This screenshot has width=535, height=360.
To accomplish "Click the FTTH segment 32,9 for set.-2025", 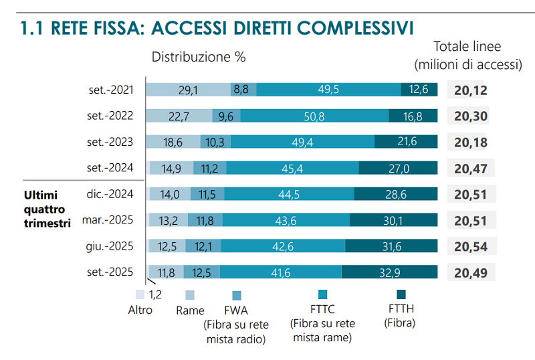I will (389, 272).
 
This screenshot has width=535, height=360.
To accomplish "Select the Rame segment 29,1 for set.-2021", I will (189, 90).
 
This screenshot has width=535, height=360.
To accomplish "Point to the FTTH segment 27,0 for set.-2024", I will (398, 168).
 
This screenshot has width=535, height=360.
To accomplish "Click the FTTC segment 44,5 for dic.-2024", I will (289, 194).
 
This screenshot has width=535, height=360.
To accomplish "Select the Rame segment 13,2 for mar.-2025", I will (168, 220).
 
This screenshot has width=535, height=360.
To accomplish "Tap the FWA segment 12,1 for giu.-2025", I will (203, 246).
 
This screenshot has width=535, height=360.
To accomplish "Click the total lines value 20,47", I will (470, 168).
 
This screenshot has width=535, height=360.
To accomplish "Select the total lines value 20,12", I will (470, 90).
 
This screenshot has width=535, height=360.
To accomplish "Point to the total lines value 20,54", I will (470, 246).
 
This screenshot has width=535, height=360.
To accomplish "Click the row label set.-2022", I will (110, 116).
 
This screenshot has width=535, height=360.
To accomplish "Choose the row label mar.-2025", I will (108, 220).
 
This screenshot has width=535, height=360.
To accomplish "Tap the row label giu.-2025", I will (110, 246).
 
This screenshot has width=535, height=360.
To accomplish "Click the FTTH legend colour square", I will (401, 294).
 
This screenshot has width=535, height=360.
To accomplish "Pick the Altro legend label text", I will (140, 310).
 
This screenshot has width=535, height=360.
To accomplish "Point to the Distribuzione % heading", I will (199, 57).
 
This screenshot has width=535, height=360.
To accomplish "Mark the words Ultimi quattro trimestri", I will (47, 209).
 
